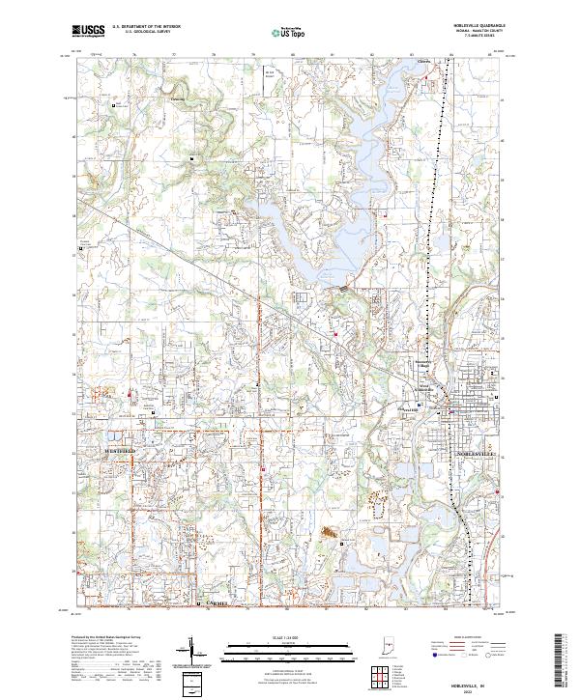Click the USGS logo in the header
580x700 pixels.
88,30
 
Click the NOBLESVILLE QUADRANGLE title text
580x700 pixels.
470,26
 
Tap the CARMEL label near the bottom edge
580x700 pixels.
220,602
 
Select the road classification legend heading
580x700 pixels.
473,639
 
